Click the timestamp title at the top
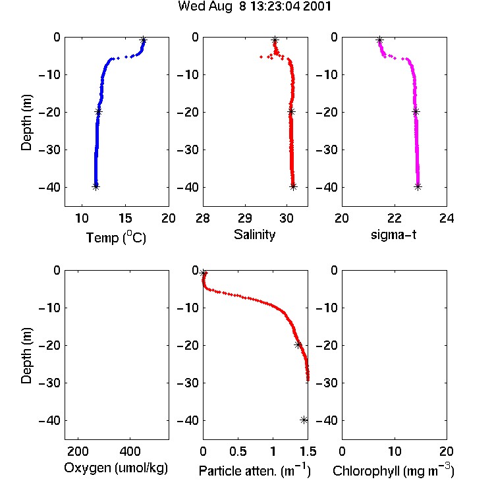click(x=254, y=7)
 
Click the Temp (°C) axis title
click(x=116, y=237)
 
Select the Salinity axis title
click(x=254, y=234)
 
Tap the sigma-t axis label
click(x=393, y=234)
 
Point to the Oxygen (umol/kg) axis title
click(x=116, y=468)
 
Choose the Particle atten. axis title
click(x=255, y=471)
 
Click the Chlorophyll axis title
click(x=393, y=471)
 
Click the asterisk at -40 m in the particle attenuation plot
click(x=304, y=420)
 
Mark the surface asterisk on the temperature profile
click(x=144, y=40)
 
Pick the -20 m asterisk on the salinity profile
click(x=291, y=111)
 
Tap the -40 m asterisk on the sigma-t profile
click(x=418, y=187)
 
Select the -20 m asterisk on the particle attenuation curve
click(x=298, y=345)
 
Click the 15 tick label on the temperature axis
click(x=125, y=218)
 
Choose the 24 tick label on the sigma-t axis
click(x=447, y=218)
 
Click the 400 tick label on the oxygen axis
click(x=130, y=451)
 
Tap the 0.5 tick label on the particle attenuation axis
click(x=238, y=451)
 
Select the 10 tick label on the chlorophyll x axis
click(x=395, y=451)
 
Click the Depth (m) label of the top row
click(x=26, y=123)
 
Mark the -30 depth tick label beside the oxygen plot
click(x=49, y=383)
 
